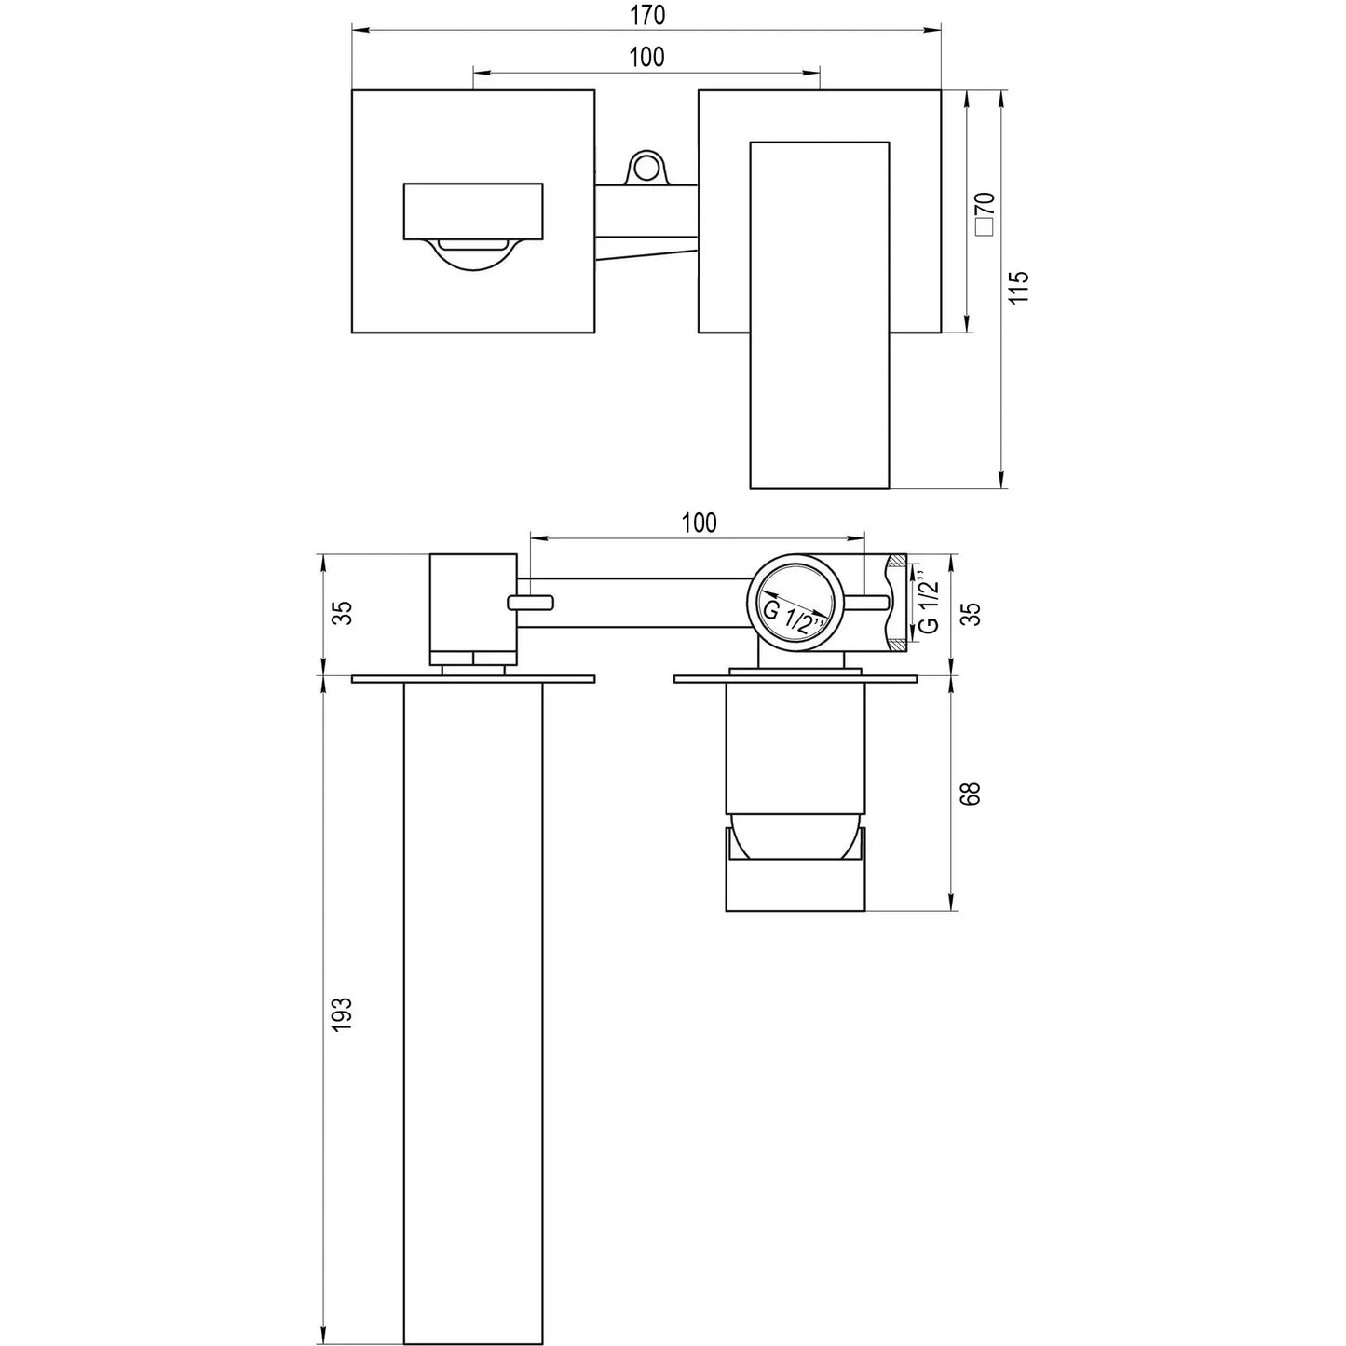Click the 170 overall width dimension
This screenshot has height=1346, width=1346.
click(x=646, y=16)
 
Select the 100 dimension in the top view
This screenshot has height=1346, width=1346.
click(x=646, y=57)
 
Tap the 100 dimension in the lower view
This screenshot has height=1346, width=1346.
click(x=699, y=523)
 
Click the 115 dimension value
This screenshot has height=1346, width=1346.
click(x=1020, y=287)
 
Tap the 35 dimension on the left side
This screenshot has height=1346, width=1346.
click(x=342, y=613)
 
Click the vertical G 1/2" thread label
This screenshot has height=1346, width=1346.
click(x=927, y=605)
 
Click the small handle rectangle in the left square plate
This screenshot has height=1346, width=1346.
click(x=472, y=211)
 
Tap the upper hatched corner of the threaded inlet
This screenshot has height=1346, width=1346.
click(x=896, y=561)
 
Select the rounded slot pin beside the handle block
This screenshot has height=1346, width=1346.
click(x=530, y=603)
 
